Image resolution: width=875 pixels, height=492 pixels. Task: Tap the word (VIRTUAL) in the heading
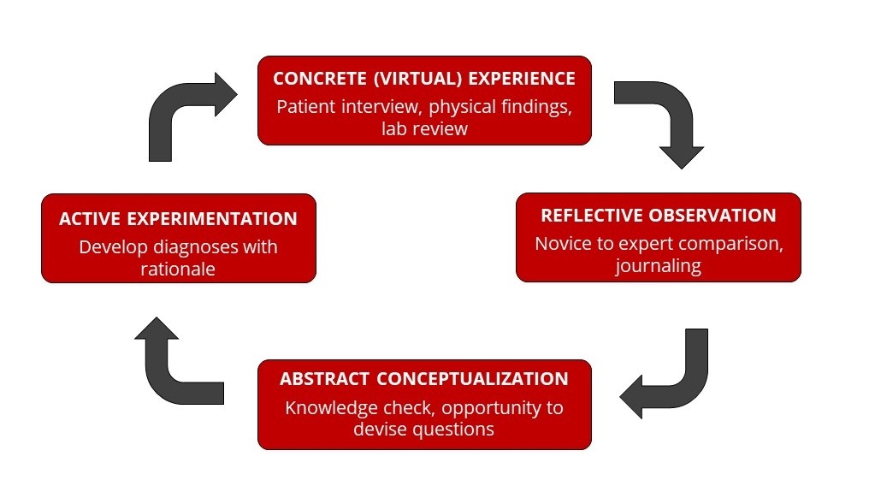point(417,79)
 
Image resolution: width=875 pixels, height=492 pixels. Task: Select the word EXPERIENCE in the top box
point(522,79)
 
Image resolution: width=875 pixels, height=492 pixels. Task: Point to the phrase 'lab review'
point(424,129)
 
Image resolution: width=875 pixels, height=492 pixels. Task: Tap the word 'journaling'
point(659,266)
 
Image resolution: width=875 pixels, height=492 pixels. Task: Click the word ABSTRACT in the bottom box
point(324,379)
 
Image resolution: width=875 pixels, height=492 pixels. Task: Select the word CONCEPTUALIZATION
point(472,379)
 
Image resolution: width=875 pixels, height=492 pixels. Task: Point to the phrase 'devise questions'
point(423,430)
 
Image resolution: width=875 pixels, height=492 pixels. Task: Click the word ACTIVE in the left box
point(90,219)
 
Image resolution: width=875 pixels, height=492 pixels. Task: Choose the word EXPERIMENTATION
point(212,219)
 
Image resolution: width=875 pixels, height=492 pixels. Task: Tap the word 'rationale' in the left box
point(178,270)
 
